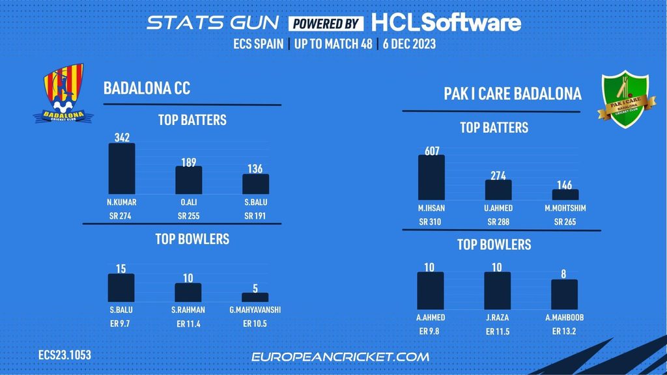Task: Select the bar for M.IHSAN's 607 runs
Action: tap(431, 176)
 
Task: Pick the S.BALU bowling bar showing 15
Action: tap(121, 287)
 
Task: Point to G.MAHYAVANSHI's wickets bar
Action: tap(255, 297)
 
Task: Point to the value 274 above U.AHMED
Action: tap(498, 175)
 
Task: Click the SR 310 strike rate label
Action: tap(431, 223)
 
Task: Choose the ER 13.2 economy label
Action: tap(564, 331)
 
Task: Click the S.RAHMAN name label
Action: tap(188, 309)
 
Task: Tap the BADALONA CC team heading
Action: tap(147, 89)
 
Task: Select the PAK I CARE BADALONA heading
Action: tap(513, 94)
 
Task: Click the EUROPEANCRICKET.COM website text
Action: tap(340, 357)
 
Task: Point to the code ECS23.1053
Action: tap(64, 355)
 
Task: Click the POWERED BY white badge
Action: tap(326, 23)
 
